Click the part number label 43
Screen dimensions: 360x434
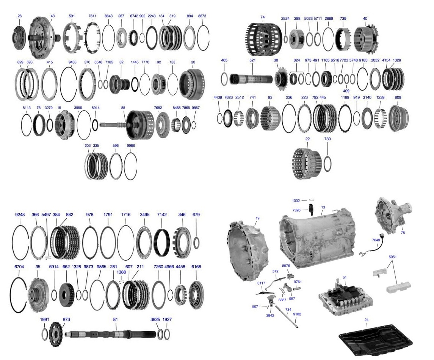[x=53, y=16]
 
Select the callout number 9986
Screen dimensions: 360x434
[x=131, y=146]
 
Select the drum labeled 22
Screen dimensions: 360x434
[x=307, y=163]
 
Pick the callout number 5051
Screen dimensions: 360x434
[x=393, y=257]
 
